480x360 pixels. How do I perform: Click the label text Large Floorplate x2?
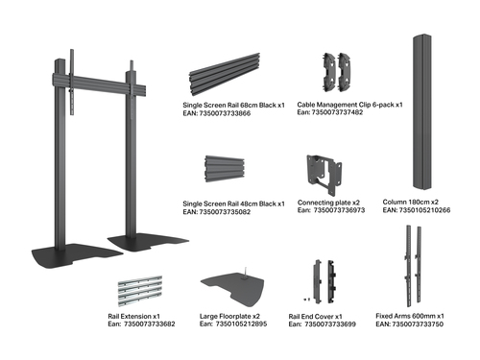[x=231, y=316]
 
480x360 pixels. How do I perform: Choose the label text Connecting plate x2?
[x=329, y=203]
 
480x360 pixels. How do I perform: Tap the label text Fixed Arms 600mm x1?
[x=410, y=316]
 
